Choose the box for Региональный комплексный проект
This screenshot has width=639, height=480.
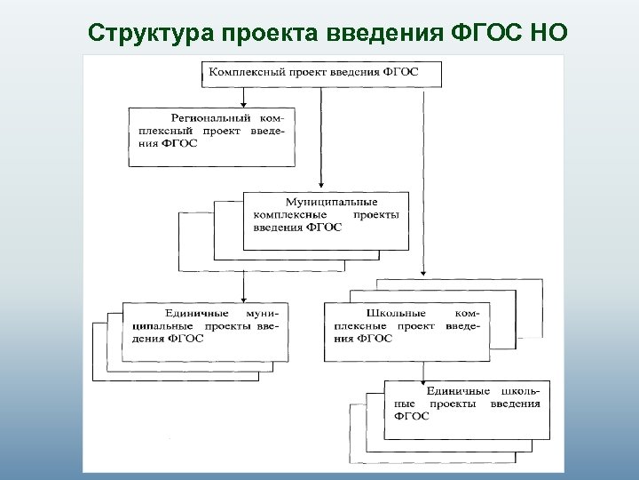pyautogui.click(x=212, y=136)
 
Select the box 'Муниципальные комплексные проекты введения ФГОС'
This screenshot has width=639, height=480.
pyautogui.click(x=327, y=220)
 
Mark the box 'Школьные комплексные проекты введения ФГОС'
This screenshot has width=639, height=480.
pyautogui.click(x=407, y=331)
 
